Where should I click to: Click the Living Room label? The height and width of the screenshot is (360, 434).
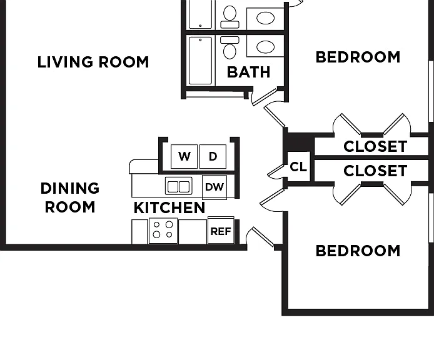coord(93,62)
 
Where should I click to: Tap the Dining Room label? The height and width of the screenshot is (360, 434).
coord(70,197)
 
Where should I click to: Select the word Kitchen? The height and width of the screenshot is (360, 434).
coord(169,207)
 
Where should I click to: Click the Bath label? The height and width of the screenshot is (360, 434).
coord(248,72)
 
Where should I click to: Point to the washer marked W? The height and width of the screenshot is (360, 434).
coord(184,156)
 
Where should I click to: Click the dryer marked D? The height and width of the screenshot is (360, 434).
coord(213,156)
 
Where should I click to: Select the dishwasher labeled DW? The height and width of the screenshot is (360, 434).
coord(214,187)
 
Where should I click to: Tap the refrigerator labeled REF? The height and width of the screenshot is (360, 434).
coord(221,231)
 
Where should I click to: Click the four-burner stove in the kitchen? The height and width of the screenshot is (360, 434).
coord(163,231)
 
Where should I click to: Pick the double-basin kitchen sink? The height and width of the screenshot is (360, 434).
coord(178,186)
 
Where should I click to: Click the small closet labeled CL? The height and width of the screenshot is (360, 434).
coord(298,167)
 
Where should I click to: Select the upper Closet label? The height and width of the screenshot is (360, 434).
coord(375,146)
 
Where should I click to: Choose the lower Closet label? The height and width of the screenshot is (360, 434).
coord(375,171)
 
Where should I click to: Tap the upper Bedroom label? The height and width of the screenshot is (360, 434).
coord(358,57)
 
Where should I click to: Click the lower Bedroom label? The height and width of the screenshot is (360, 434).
coord(358,251)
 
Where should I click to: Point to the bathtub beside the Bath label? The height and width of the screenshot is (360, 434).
coord(200,61)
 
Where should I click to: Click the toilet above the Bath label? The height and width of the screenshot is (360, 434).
coord(230,47)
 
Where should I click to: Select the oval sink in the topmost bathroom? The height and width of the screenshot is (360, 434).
coord(265,18)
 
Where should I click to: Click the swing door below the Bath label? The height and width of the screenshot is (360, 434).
coord(265,97)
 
